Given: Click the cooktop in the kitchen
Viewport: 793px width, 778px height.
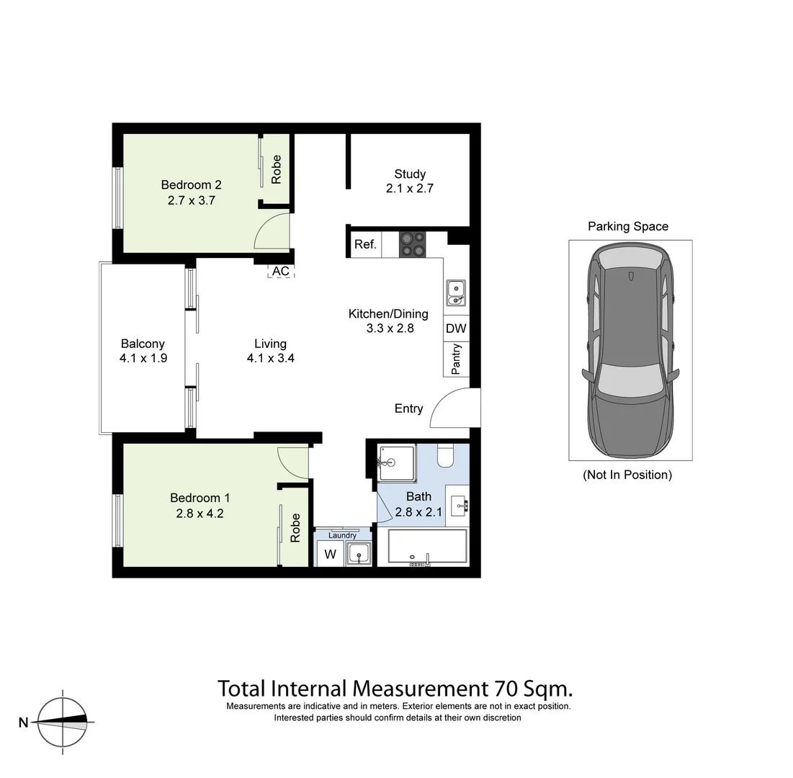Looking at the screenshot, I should tap(413, 244).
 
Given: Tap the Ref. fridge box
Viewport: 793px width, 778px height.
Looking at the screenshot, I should tap(365, 245).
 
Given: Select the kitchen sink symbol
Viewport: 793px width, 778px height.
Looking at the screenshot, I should tap(455, 292).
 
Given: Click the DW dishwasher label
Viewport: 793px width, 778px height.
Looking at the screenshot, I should tap(456, 328).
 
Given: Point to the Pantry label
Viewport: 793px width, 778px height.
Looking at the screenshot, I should tap(456, 359).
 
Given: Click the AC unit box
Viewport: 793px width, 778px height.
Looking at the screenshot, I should tap(280, 272).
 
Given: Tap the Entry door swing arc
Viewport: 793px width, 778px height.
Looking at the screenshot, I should tap(455, 408).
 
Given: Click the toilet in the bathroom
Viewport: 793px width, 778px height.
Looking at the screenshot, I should tap(444, 456).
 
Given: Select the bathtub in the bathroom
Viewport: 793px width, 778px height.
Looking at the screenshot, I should tap(427, 547).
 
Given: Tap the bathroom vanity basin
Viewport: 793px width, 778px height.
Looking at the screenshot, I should tap(458, 505).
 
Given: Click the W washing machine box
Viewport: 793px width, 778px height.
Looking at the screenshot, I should tap(330, 554).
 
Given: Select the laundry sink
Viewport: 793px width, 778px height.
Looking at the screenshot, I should tap(357, 554).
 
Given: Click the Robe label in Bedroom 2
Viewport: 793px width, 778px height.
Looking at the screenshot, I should tap(276, 169).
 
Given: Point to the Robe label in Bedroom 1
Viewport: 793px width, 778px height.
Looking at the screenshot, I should tap(295, 527).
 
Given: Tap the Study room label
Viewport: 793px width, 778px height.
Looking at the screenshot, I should tap(410, 174).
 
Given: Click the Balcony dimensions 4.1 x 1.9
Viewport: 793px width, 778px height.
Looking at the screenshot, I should tap(143, 358).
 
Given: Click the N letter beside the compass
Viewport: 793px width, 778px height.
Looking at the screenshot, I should tap(23, 723).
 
